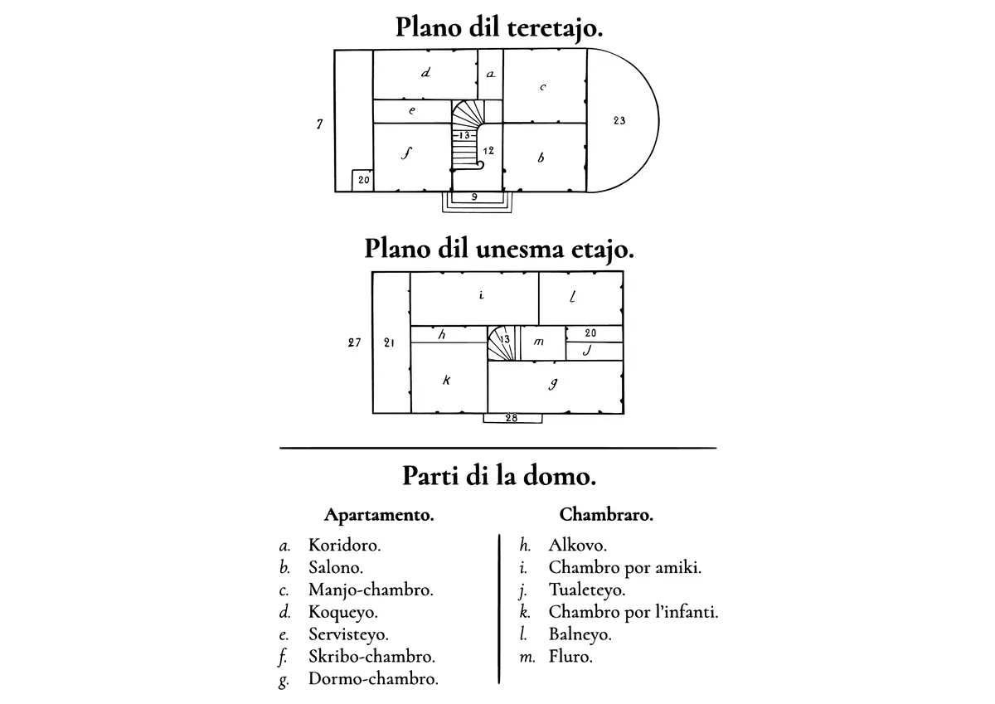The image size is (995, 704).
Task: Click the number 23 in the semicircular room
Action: click(x=619, y=120)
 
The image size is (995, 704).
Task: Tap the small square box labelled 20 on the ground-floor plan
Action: click(x=362, y=180)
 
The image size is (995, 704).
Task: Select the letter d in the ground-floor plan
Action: click(x=425, y=72)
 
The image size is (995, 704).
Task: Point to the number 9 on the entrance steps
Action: click(x=474, y=197)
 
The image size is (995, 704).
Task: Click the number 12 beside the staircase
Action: click(x=488, y=151)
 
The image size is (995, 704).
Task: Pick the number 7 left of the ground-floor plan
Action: click(x=319, y=124)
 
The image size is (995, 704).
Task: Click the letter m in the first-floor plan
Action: click(x=538, y=342)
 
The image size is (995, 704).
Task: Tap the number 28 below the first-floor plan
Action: click(x=512, y=418)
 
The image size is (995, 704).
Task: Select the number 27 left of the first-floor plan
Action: click(x=354, y=342)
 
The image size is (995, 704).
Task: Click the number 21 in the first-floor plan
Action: click(x=389, y=342)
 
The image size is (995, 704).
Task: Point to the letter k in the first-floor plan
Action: click(x=446, y=380)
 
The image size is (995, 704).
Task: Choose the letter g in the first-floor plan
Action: click(x=553, y=384)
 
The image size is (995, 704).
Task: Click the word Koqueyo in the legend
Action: click(x=343, y=612)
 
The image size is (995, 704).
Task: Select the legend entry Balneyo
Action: click(x=580, y=634)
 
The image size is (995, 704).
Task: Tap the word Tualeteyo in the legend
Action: click(x=587, y=590)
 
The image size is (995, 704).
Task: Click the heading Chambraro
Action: click(x=606, y=515)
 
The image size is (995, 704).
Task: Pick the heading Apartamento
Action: click(x=379, y=515)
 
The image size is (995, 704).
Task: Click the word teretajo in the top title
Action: click(x=555, y=28)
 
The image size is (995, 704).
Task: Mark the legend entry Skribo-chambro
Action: click(x=371, y=657)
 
